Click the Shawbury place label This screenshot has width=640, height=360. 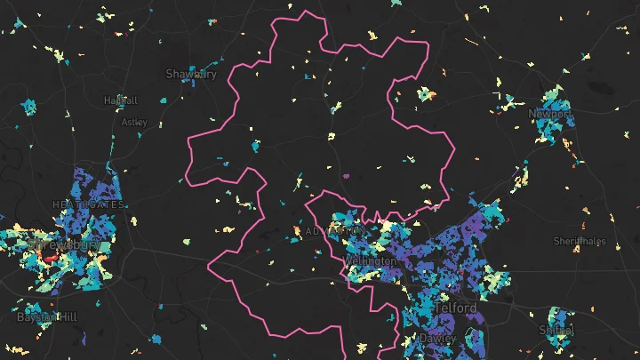[x=191, y=74]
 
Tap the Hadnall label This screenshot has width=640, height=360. [x=120, y=100]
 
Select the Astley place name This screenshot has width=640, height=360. [x=134, y=122]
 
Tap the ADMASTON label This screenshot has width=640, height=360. [x=332, y=231]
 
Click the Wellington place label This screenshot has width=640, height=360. [x=371, y=261]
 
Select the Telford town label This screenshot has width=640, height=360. [x=456, y=308]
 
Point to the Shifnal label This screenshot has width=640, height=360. [x=556, y=330]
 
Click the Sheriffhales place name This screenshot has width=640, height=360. [x=580, y=241]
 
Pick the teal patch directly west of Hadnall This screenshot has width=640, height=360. [x=28, y=108]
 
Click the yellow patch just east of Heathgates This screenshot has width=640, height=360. [x=133, y=220]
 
